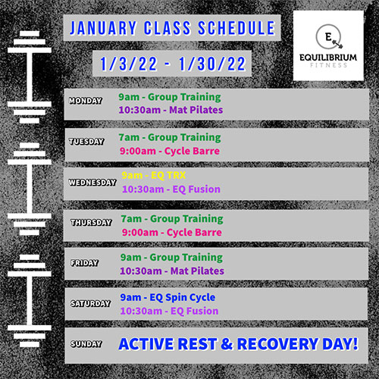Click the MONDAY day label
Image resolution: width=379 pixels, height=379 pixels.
coord(86,101)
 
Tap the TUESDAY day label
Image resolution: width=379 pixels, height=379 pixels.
coord(86,141)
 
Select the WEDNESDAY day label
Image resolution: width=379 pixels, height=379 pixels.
coord(92,182)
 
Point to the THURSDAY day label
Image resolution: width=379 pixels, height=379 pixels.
coord(91,222)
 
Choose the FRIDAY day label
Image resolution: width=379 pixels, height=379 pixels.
coord(84,263)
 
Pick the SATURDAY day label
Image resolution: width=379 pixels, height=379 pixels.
coord(91,303)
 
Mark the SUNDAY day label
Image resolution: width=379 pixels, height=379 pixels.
coord(86,343)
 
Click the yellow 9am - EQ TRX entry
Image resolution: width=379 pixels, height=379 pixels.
coord(154,175)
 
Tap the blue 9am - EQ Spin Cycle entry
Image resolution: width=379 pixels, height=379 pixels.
coord(168,298)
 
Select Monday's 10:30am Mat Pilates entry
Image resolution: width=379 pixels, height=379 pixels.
coord(171,110)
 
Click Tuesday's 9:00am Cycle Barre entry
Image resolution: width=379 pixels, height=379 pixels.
coord(170,151)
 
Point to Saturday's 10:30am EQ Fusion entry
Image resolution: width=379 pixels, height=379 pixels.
coord(169,311)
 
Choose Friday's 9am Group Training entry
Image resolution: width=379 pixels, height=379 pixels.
coord(171,258)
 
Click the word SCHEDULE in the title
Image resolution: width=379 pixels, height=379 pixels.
coord(236,28)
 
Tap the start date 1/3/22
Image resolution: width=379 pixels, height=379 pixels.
coord(129,64)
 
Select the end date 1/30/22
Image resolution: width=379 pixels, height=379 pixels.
coord(212,64)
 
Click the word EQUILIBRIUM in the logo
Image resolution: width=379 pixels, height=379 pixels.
coord(328,58)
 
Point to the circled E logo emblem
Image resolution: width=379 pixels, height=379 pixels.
coord(329,37)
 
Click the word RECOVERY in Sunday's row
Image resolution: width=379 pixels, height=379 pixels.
coord(277,344)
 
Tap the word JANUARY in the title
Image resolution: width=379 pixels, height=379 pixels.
coord(103,28)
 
